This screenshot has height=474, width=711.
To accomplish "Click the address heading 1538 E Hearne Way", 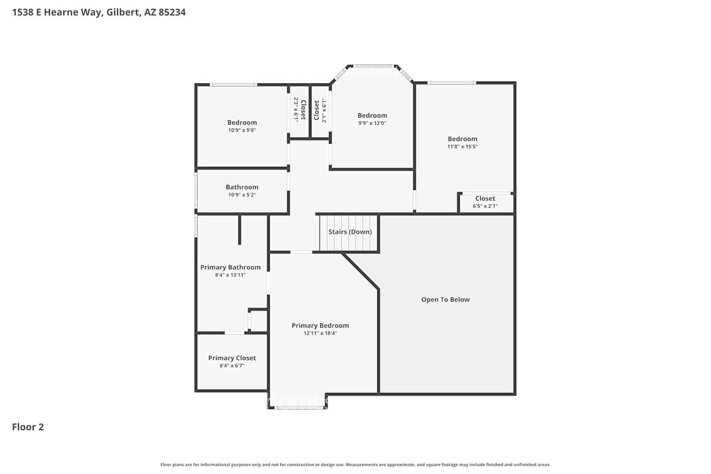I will click(x=99, y=12).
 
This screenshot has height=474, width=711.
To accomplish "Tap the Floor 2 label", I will click(x=28, y=427).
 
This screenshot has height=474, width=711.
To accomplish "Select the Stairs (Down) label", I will click(x=350, y=232).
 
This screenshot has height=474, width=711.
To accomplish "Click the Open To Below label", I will click(x=445, y=300).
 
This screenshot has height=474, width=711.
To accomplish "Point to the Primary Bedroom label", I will click(x=320, y=326).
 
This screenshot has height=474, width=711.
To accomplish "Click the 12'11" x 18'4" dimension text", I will click(x=320, y=333).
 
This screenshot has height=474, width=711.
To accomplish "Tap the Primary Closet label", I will click(x=232, y=358).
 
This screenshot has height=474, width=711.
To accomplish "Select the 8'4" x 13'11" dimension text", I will click(x=230, y=275).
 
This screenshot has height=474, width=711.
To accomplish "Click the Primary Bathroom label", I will click(x=230, y=267).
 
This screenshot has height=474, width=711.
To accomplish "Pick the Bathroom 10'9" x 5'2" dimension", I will click(x=242, y=195).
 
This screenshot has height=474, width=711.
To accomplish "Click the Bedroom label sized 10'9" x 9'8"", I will click(x=242, y=122).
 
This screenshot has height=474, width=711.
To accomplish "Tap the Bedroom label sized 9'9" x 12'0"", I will click(x=372, y=115).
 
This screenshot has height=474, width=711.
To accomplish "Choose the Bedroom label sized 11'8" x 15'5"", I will click(x=462, y=139).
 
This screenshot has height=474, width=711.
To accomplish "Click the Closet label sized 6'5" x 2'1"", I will click(x=485, y=199).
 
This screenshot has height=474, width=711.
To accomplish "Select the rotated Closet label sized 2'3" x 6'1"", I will click(x=303, y=110).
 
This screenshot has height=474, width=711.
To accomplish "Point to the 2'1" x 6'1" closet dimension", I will click(x=324, y=110).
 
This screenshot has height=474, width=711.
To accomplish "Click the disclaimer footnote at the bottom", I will click(x=355, y=465).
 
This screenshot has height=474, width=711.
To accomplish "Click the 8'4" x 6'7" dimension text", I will click(x=232, y=365).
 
